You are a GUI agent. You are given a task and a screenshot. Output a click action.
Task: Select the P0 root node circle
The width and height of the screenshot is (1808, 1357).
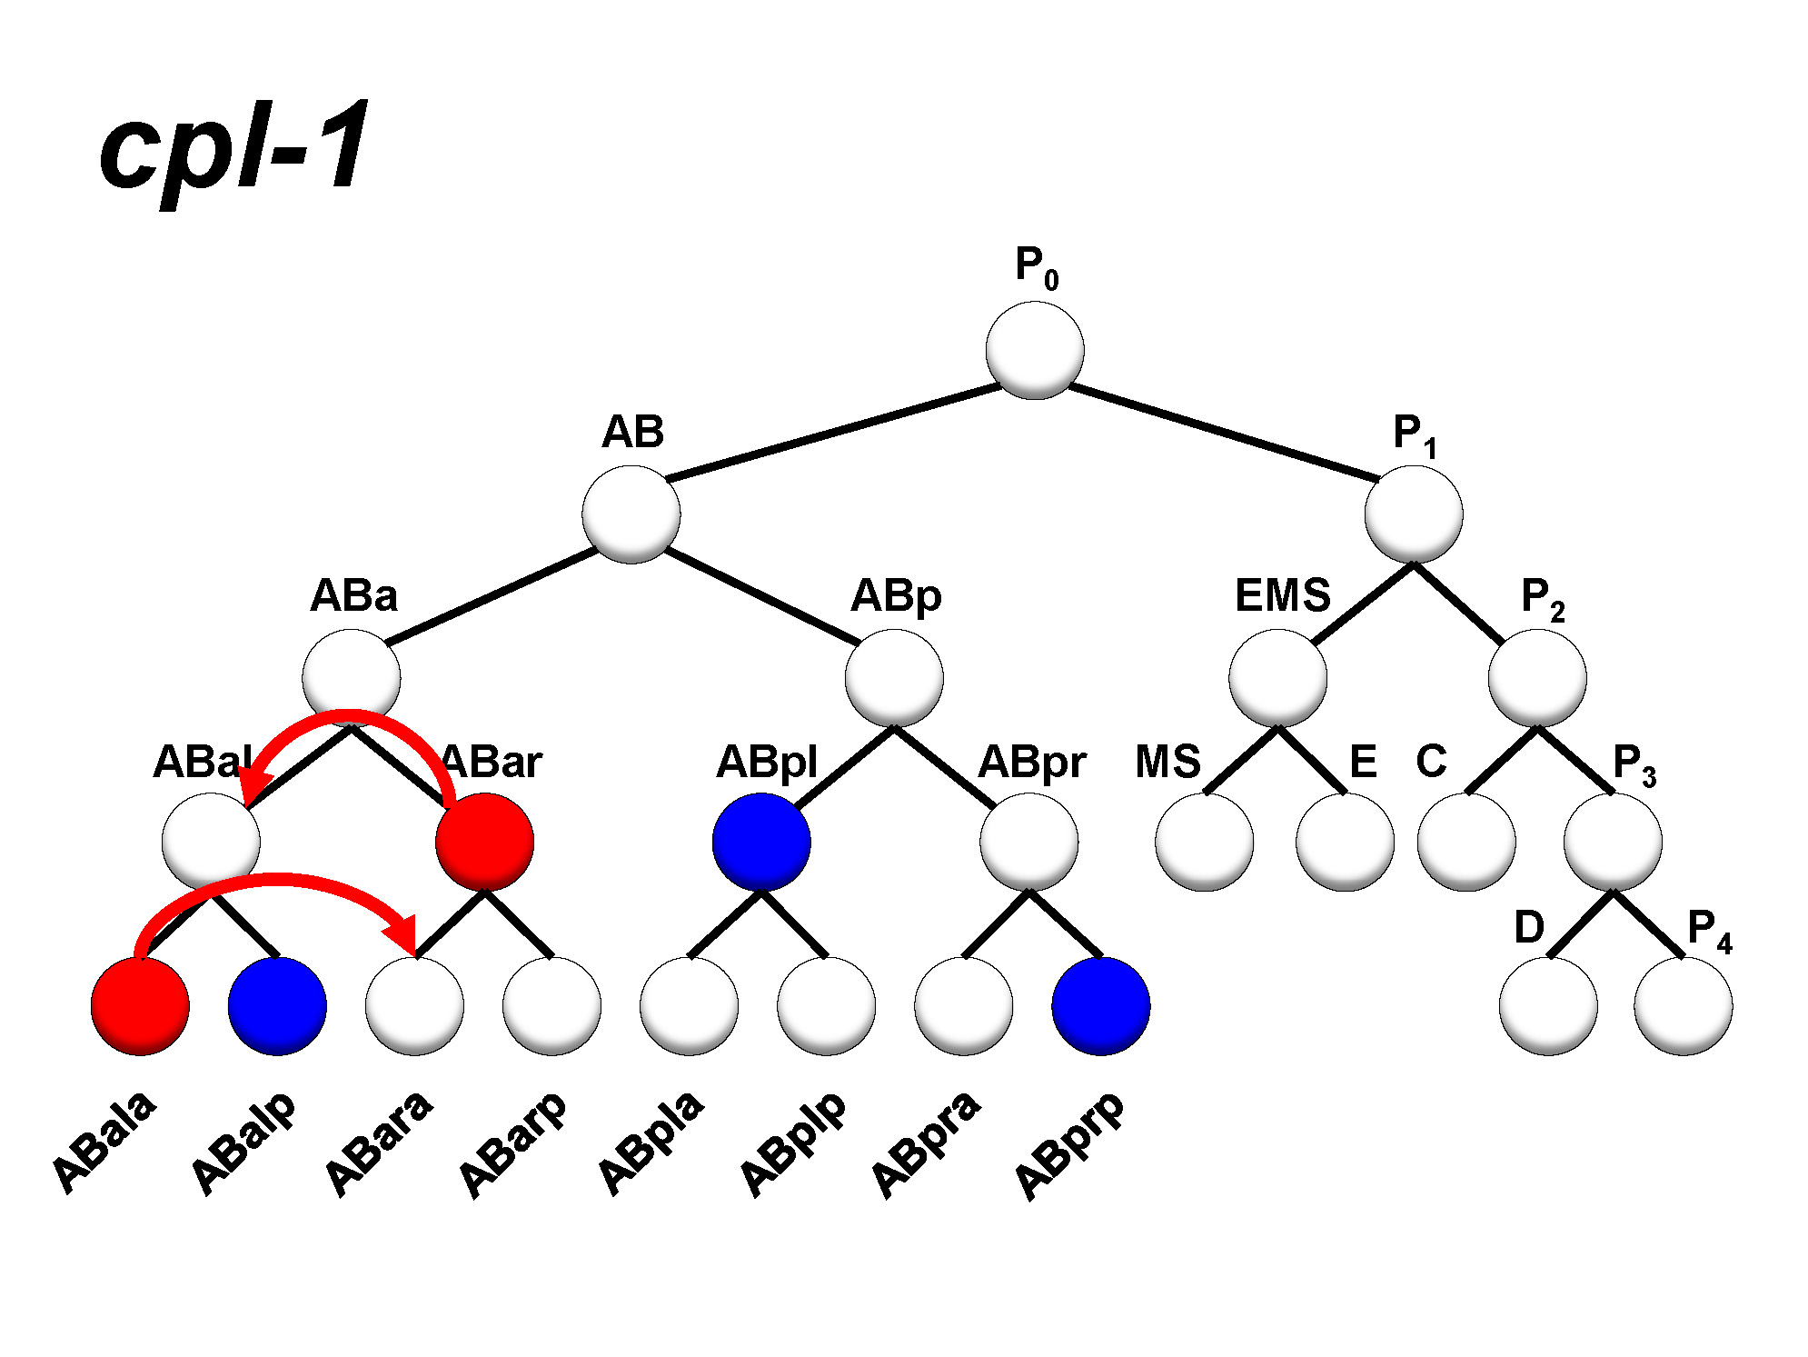tap(1034, 351)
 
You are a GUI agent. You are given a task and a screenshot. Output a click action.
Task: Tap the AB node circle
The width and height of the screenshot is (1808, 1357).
tap(631, 514)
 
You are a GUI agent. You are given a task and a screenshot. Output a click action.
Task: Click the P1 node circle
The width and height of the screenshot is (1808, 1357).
tap(1413, 514)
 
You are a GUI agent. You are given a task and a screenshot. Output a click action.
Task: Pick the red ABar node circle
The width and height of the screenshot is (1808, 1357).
tap(484, 842)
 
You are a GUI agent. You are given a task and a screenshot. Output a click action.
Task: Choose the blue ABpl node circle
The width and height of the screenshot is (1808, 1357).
tap(761, 842)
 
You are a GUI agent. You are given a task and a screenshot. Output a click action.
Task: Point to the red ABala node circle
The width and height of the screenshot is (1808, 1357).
tap(140, 1005)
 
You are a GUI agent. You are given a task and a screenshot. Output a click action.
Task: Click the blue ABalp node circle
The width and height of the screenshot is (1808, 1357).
tap(277, 1005)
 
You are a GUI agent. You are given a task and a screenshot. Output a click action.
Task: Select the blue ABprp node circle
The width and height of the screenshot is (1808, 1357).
tap(1100, 1005)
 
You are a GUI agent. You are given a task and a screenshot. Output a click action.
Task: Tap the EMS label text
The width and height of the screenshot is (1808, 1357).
tap(1282, 595)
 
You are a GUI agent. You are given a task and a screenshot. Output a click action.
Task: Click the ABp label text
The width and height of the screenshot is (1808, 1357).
tap(896, 596)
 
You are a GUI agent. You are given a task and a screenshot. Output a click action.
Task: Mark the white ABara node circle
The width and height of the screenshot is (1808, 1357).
tap(414, 1005)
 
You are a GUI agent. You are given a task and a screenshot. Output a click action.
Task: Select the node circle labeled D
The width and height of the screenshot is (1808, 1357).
tap(1548, 1005)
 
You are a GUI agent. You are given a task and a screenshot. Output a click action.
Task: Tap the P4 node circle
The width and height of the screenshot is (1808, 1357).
tap(1683, 1005)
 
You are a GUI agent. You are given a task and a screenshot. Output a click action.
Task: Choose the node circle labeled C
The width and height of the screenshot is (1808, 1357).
tap(1465, 842)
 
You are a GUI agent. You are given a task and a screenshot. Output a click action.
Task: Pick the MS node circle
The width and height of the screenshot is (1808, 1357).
tap(1204, 842)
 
